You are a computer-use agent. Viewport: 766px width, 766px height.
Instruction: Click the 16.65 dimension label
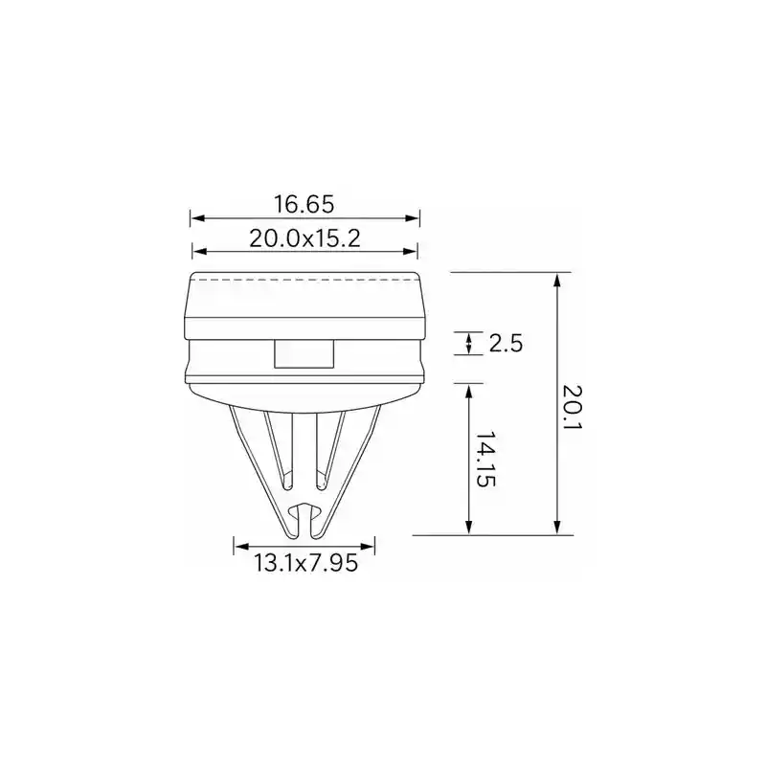pos(304,204)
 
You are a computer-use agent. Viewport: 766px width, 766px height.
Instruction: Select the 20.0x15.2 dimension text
pos(304,238)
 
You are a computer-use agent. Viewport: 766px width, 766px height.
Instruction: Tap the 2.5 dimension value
pos(506,344)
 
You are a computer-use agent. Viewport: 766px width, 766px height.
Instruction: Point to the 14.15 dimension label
pos(485,459)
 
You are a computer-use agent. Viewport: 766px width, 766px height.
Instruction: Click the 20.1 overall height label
pos(573,412)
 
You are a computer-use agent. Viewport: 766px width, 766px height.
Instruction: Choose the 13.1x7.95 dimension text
pos(305,563)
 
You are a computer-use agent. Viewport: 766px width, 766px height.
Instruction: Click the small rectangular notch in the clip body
pos(304,354)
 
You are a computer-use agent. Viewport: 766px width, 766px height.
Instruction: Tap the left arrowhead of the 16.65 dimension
pos(197,218)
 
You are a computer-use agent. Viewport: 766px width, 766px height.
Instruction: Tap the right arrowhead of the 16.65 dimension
pos(413,218)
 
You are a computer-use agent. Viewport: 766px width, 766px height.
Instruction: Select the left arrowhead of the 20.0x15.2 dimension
pos(200,252)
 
